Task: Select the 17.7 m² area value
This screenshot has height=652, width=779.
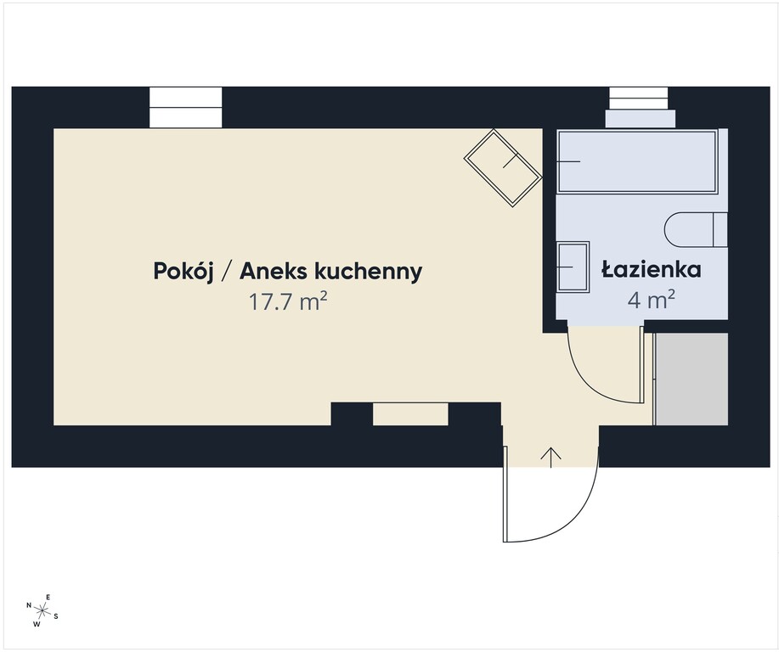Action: (288, 301)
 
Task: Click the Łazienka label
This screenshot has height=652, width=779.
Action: (652, 269)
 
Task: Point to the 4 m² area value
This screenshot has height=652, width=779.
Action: (652, 300)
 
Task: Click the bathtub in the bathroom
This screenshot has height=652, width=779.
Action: (637, 161)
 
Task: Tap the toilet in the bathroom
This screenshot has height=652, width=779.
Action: (696, 229)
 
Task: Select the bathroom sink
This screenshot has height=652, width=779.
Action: (573, 267)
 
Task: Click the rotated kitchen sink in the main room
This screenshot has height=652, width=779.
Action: (503, 168)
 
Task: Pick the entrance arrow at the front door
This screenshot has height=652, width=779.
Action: (551, 458)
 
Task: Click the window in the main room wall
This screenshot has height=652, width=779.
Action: (186, 107)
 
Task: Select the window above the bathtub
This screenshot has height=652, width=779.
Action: (639, 107)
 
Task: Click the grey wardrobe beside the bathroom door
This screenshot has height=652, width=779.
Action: (692, 379)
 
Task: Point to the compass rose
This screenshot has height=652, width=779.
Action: (42, 610)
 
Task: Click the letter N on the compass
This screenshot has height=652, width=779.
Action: (29, 605)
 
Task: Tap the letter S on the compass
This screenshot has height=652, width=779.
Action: (56, 616)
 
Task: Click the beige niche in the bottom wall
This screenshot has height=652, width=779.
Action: (410, 414)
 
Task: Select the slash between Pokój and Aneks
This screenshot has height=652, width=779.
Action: (227, 273)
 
